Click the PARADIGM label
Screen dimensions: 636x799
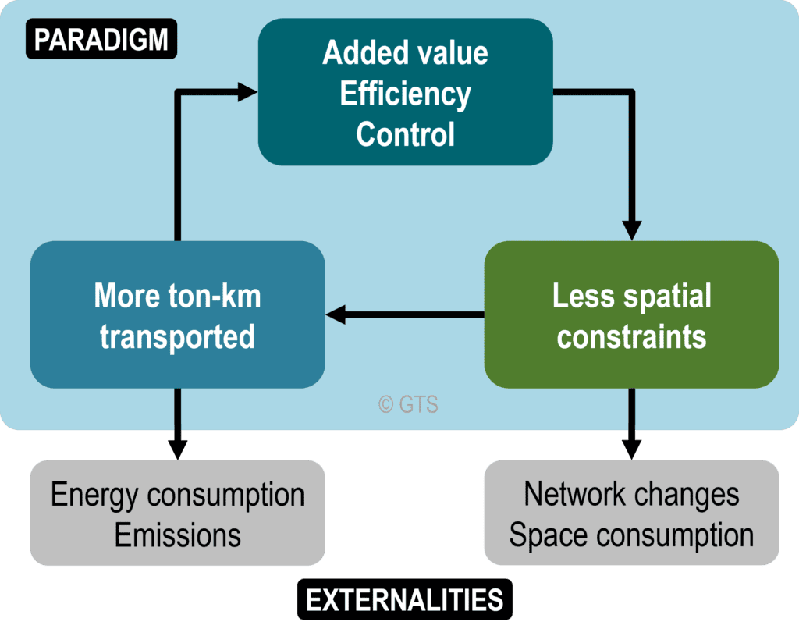point(101,39)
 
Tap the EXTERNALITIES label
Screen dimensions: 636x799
point(404,600)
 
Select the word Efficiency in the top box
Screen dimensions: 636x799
point(405,94)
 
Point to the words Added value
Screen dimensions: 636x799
point(405,53)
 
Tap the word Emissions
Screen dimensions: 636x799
point(177,535)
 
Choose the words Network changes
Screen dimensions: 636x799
point(631,494)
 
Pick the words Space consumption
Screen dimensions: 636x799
point(631,535)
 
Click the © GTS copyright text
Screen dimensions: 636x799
point(408,404)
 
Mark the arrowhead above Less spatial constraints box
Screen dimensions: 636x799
point(631,230)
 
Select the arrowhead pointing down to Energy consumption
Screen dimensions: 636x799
point(177,449)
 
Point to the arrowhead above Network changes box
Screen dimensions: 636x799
point(631,449)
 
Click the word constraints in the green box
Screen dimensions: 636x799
point(631,336)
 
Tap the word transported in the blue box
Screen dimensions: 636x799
point(177,336)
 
